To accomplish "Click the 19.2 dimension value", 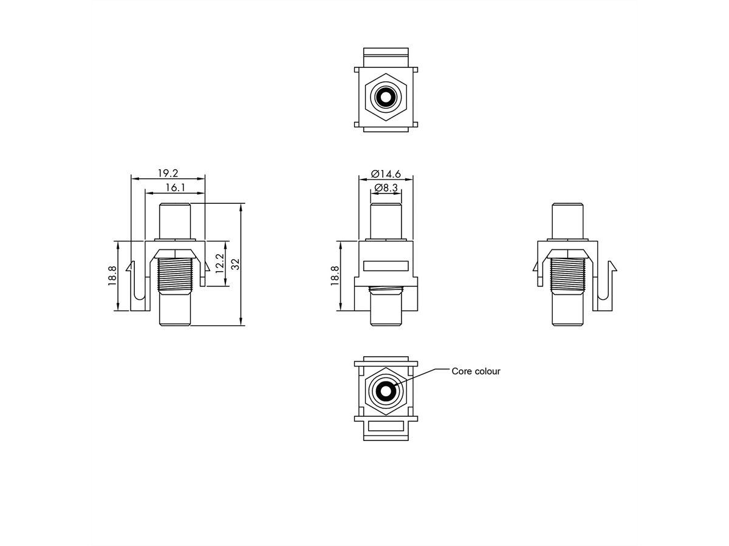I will [168, 173].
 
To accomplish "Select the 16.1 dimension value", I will [175, 188].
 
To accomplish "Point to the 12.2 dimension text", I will [221, 265].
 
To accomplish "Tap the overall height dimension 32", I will [236, 264].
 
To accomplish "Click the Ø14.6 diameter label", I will [386, 174].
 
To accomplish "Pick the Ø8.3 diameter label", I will [386, 188].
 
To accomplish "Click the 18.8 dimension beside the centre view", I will [335, 276].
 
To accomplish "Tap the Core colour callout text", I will [476, 371].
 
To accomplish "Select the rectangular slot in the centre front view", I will [386, 265].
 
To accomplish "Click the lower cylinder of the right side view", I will [568, 311].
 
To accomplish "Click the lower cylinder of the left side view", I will [175, 311].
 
